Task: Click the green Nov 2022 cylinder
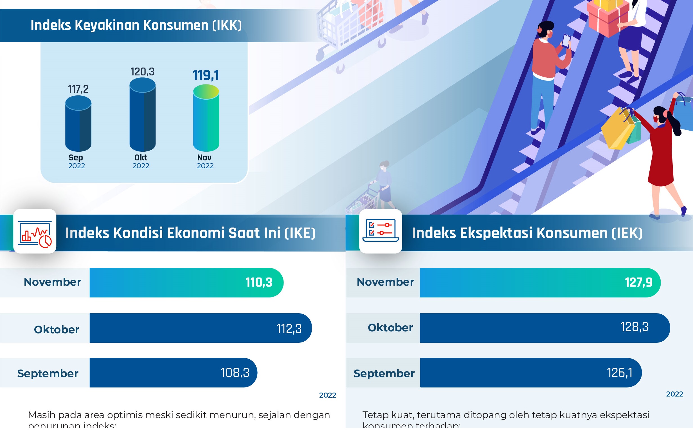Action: tap(206, 119)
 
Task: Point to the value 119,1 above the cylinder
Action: tap(206, 76)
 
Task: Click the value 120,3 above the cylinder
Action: tap(142, 72)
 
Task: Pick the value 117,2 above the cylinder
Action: tap(78, 89)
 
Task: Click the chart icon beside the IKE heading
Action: tap(35, 232)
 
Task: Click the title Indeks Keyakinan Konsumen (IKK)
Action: tap(136, 26)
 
